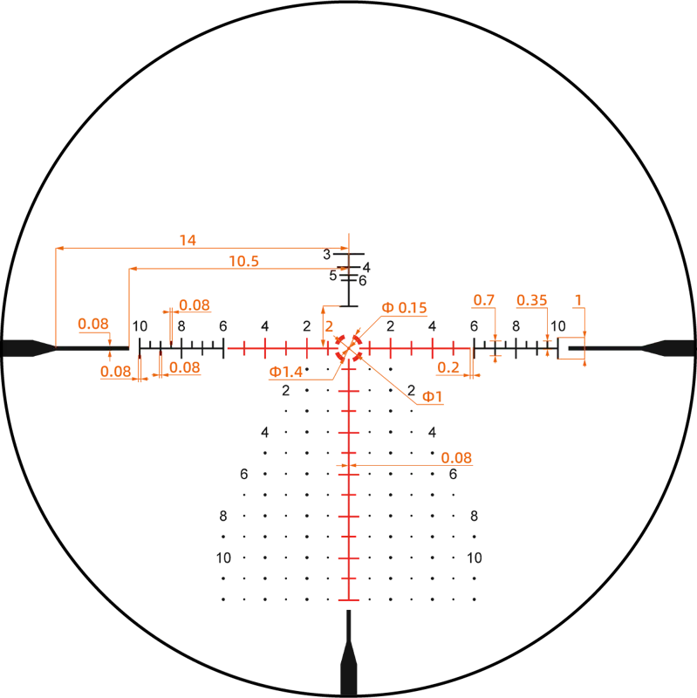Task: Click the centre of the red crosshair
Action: (349, 348)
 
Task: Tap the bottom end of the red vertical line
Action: (349, 601)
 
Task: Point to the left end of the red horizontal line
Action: (229, 348)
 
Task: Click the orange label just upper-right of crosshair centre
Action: (406, 307)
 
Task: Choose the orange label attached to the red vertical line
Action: (456, 457)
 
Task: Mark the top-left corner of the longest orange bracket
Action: (54, 248)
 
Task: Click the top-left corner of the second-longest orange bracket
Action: (128, 270)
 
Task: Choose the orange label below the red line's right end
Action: (448, 370)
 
